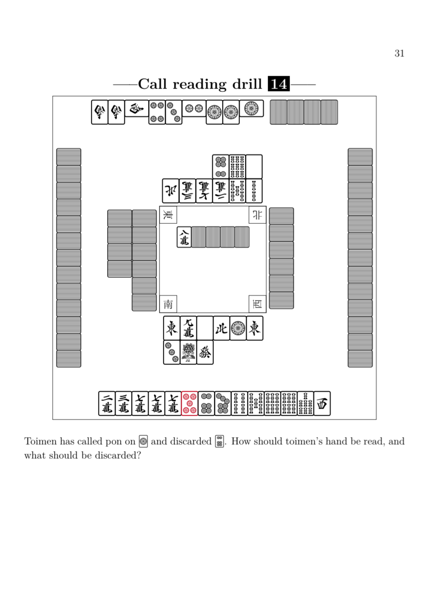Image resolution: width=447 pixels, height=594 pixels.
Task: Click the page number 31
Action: tap(399, 53)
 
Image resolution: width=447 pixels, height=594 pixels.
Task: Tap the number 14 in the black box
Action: tap(279, 84)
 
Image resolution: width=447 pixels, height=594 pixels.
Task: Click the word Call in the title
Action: tap(152, 84)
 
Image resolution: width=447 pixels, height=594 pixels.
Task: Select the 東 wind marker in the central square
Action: tap(168, 215)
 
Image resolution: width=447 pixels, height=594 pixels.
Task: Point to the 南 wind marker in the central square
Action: tap(168, 304)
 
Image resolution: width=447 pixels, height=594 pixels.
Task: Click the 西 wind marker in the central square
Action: tap(257, 304)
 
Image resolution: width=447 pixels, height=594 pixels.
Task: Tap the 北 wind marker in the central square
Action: tap(257, 215)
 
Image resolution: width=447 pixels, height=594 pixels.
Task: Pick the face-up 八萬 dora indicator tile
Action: tap(184, 237)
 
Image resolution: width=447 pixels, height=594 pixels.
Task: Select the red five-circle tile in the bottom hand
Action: tap(190, 403)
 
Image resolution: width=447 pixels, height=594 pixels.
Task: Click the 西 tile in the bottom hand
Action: tap(322, 403)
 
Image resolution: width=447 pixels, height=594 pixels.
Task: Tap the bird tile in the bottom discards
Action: tap(188, 352)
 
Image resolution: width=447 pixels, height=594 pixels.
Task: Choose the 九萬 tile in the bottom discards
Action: tap(188, 328)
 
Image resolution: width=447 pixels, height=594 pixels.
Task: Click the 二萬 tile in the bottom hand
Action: tap(107, 403)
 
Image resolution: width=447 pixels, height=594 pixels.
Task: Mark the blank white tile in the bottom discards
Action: tap(205, 328)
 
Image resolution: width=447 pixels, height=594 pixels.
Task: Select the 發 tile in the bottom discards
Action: tap(205, 352)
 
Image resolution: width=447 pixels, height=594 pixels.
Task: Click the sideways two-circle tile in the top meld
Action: tap(194, 108)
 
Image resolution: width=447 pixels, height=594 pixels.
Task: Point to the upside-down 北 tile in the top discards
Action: tap(171, 191)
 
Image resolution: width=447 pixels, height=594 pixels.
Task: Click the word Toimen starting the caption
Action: tap(41, 441)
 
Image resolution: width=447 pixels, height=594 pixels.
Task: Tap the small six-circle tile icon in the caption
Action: tap(220, 442)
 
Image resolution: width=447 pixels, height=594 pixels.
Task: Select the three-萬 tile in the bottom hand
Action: tap(123, 403)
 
